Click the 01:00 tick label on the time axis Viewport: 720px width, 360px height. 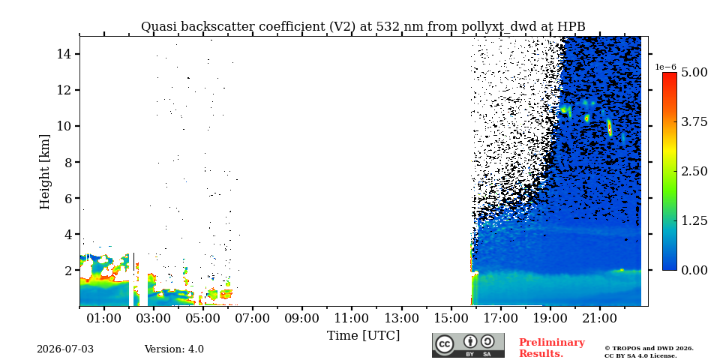pyautogui.click(x=105, y=318)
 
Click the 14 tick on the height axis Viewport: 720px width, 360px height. pyautogui.click(x=62, y=54)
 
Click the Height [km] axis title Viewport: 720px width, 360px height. pyautogui.click(x=44, y=172)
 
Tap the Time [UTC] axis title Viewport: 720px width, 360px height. pyautogui.click(x=363, y=336)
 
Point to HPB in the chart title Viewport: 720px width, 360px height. pyautogui.click(x=571, y=27)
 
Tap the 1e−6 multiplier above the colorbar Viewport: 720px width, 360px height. pyautogui.click(x=665, y=67)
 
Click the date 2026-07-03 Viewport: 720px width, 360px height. pyautogui.click(x=65, y=349)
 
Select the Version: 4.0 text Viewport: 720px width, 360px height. pyautogui.click(x=174, y=349)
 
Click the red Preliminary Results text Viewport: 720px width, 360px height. pyautogui.click(x=552, y=348)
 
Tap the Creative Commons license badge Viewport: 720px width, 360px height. pyautogui.click(x=468, y=345)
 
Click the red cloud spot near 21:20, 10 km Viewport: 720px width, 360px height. pyautogui.click(x=609, y=127)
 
